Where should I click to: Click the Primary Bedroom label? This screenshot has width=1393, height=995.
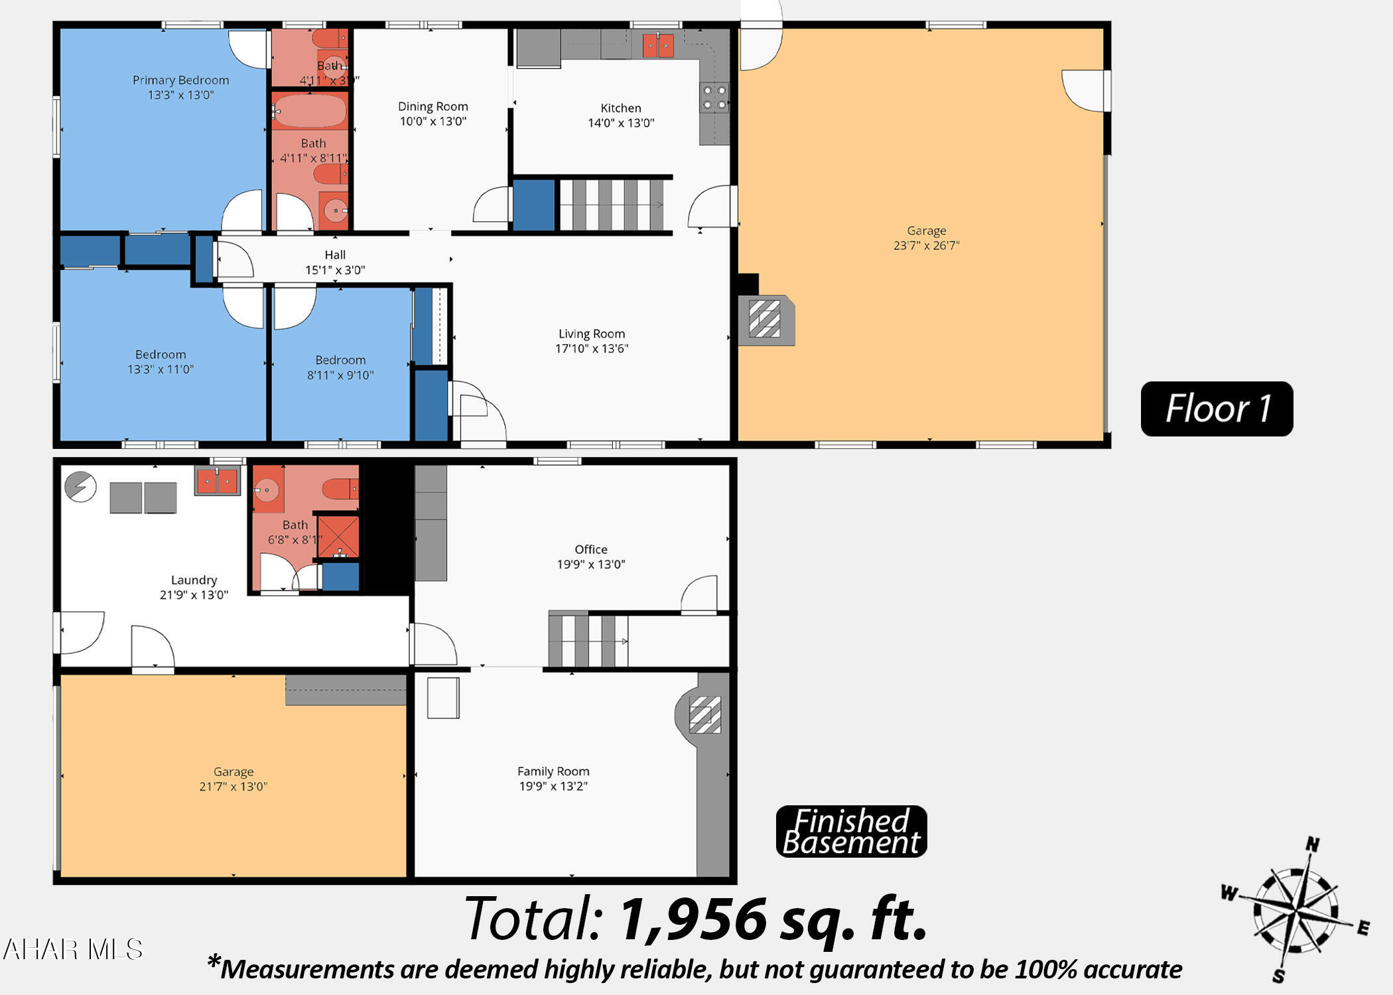180,80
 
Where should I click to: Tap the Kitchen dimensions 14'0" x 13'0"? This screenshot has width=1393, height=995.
621,123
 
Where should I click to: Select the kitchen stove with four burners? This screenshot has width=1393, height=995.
714,98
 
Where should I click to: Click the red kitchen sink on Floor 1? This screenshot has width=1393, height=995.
658,46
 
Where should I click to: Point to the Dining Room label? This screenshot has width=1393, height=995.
432,106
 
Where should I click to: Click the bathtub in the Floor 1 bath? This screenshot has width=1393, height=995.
309,111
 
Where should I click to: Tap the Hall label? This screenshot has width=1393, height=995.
335,255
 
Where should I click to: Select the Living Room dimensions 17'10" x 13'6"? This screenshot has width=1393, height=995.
591,348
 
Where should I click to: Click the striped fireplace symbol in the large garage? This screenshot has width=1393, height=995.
764,319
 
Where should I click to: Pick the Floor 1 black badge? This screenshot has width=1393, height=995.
1217,409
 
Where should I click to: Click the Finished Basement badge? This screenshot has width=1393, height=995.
851,831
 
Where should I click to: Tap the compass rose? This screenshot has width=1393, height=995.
1295,910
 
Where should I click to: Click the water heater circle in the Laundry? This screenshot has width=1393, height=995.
80,487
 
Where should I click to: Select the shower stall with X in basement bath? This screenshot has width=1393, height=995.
338,536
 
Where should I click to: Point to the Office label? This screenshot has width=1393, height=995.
590,549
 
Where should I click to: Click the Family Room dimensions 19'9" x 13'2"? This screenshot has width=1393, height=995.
553,786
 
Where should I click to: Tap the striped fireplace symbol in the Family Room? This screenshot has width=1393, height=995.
704,714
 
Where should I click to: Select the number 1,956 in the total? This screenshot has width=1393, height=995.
693,919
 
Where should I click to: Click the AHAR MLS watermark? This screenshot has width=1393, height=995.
73,949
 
